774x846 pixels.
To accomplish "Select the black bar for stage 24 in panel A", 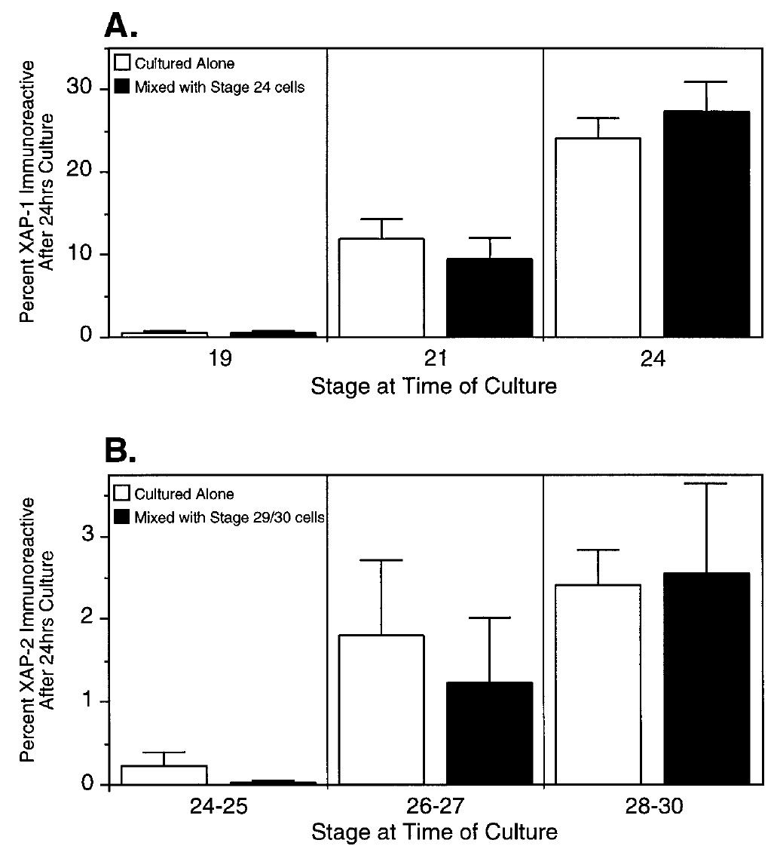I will (x=706, y=224).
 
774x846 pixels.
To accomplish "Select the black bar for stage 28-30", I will (x=706, y=679).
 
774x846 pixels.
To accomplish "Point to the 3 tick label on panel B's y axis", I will (x=87, y=536).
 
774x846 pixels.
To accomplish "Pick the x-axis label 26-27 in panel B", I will (x=436, y=807).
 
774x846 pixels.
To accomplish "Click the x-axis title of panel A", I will (x=435, y=387).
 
